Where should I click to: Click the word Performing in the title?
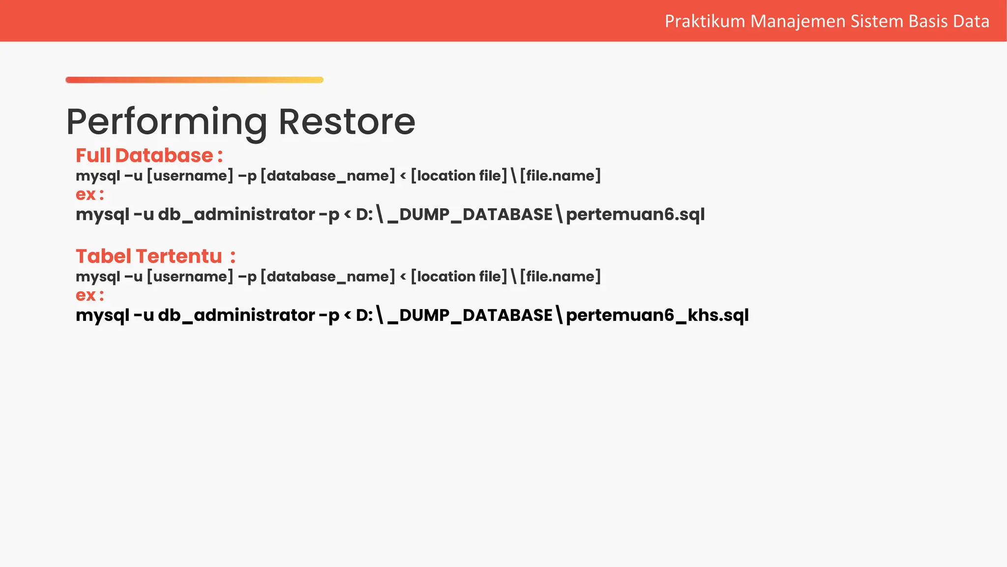[x=167, y=122]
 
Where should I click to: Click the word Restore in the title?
[x=347, y=122]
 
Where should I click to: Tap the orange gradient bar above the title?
[x=194, y=80]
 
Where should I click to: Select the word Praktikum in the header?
[x=705, y=21]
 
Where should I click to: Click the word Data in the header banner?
[x=971, y=21]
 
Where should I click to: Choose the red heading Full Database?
[x=145, y=156]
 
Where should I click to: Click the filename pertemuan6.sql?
[x=635, y=215]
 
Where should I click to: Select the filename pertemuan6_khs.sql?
[x=657, y=315]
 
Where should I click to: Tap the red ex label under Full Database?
[x=86, y=194]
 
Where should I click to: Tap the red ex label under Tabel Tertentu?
[x=86, y=295]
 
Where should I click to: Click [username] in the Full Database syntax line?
[x=190, y=176]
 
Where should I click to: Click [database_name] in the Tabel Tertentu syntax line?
[x=327, y=277]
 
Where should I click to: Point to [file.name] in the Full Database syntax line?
[x=560, y=176]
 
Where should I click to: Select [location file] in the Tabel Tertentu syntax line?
[x=459, y=277]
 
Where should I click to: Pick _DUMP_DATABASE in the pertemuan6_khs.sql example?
[x=470, y=315]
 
